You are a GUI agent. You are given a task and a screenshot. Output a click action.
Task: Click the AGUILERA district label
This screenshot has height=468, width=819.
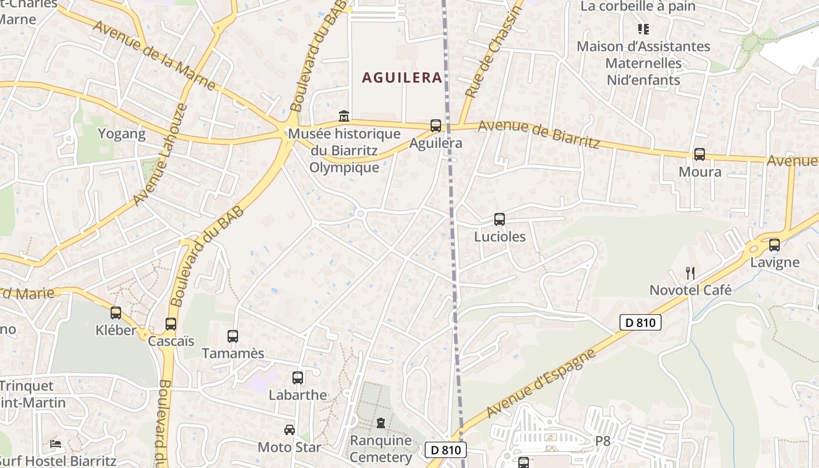[401, 78]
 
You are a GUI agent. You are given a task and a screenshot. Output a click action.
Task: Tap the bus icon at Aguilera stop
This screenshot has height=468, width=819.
[435, 125]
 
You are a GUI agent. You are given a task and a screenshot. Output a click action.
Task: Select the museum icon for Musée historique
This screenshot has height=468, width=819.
[344, 116]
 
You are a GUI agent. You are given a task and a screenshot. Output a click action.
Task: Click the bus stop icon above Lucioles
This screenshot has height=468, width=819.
[499, 219]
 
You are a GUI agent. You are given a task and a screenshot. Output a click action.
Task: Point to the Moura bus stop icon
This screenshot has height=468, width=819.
[699, 154]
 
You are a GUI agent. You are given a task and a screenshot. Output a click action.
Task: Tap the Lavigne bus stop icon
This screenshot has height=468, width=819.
[775, 245]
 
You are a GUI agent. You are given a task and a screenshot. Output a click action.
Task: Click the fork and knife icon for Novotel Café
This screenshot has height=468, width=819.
[690, 273]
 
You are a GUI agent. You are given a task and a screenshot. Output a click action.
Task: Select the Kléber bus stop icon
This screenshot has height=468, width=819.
[116, 313]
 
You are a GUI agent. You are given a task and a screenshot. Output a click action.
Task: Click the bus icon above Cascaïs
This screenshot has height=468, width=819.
[171, 324]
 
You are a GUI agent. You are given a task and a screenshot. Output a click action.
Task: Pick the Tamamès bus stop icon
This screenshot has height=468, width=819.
[233, 336]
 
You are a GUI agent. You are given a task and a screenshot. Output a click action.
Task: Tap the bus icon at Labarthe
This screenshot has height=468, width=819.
[298, 378]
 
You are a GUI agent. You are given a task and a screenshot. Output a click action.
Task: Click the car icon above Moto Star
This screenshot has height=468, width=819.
[290, 430]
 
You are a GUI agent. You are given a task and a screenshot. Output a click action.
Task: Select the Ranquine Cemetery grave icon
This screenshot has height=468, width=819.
[381, 422]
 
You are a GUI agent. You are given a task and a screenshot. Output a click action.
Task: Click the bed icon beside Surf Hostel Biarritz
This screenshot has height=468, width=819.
[56, 443]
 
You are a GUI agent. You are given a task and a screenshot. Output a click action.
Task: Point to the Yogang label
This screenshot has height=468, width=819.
[122, 134]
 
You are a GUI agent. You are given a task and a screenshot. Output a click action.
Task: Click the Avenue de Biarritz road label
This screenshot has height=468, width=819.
[538, 134]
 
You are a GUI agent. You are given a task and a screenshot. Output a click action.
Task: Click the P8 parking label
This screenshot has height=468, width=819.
[603, 441]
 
